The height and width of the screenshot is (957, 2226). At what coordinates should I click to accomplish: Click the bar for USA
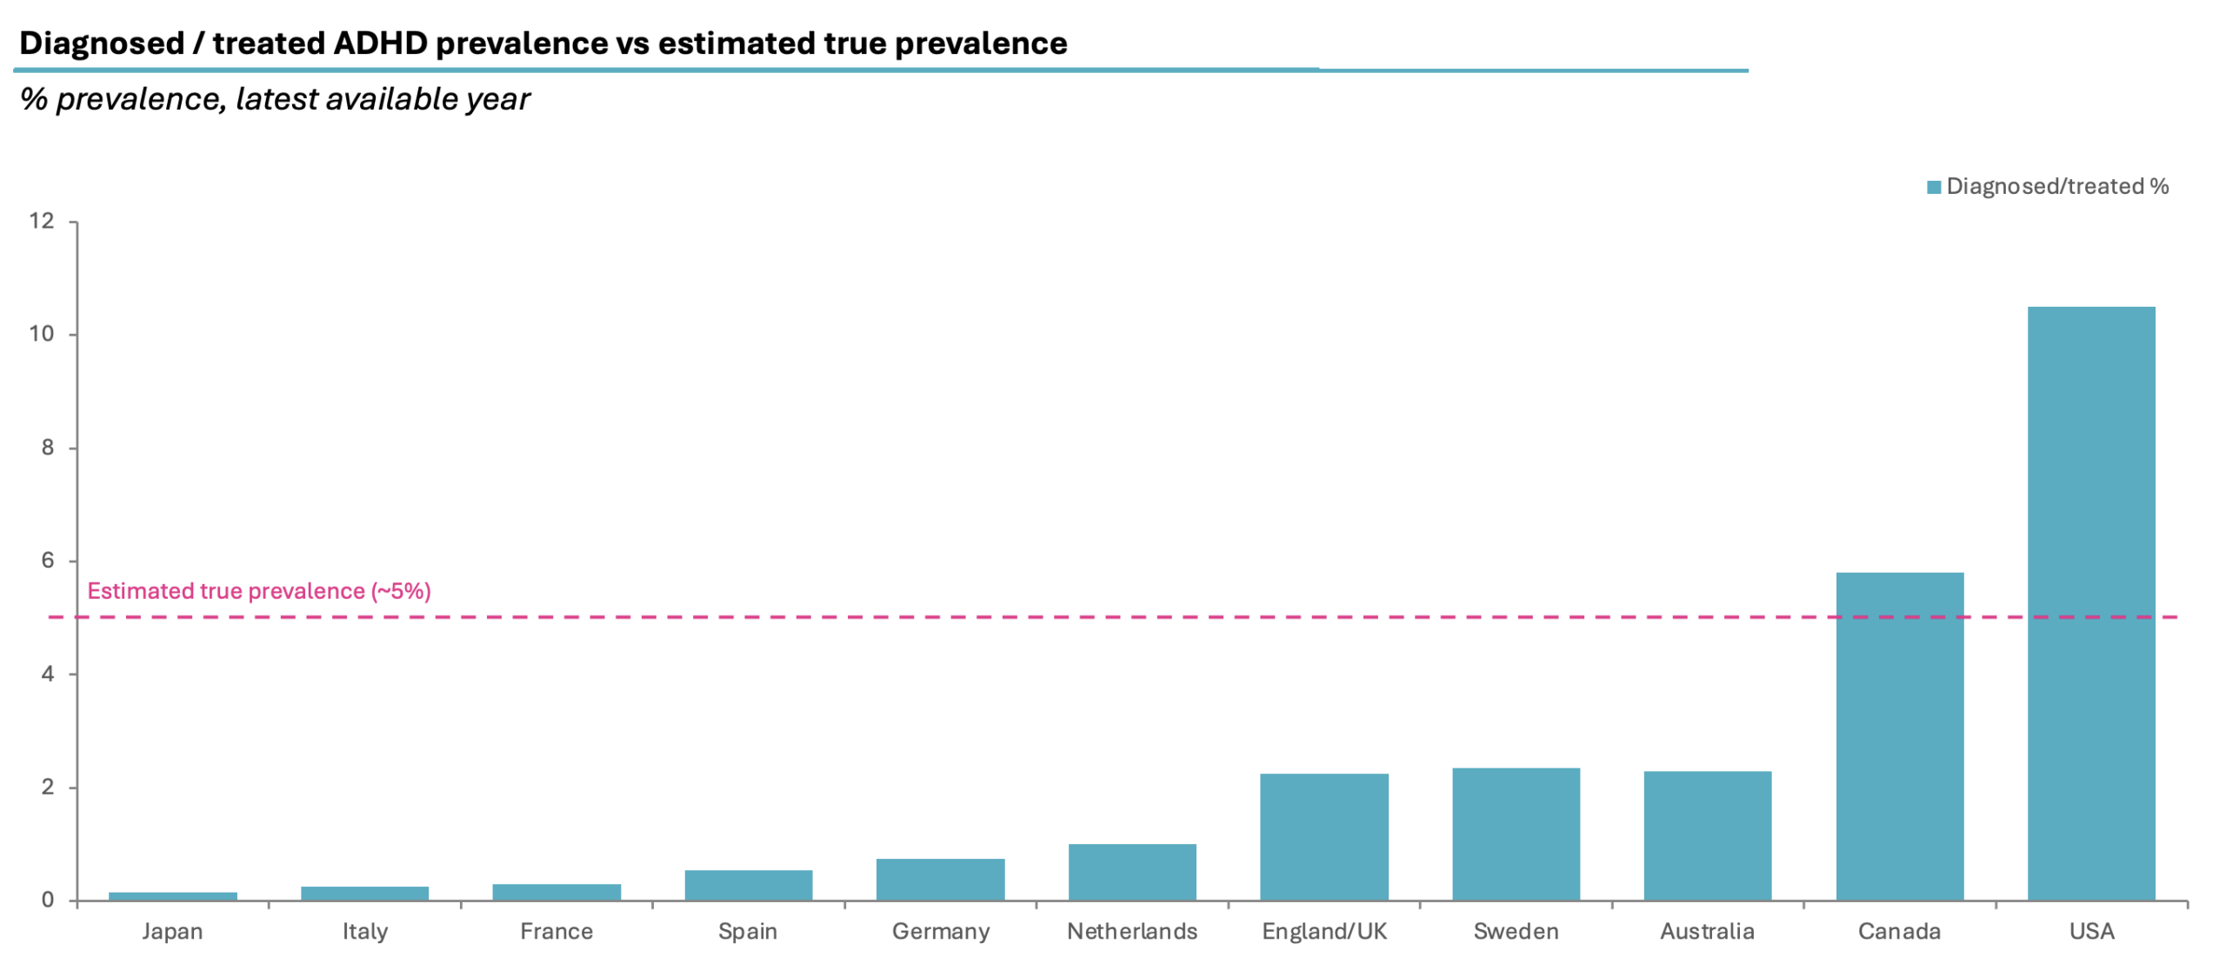coord(2090,603)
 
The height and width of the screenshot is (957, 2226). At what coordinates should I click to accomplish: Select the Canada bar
coord(1899,736)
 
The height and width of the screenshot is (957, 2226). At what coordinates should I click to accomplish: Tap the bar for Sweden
coord(1516,834)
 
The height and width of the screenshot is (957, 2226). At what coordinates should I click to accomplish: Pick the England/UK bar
coord(1324,837)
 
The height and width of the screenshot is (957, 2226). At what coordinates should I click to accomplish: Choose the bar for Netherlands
coord(1132,872)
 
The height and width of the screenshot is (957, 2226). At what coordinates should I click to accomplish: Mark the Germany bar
coord(940,880)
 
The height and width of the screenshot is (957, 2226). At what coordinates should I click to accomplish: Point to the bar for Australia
coord(1708,836)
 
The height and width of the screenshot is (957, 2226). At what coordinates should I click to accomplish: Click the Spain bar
coord(749,885)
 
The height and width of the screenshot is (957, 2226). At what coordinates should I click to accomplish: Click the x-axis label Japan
coord(172,932)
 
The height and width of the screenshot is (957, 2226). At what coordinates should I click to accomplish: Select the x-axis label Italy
coord(364,932)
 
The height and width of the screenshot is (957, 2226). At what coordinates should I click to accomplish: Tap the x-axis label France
coord(556,932)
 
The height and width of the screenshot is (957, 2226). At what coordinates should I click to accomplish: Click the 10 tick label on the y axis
coord(41,334)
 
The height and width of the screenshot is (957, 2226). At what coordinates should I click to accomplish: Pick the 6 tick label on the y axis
coord(48,561)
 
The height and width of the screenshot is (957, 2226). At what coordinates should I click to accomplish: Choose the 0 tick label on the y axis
coord(48,901)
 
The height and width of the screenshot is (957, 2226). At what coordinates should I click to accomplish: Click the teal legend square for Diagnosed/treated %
coord(1934,187)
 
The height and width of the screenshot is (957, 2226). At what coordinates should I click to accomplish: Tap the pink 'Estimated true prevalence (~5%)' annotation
coord(259,591)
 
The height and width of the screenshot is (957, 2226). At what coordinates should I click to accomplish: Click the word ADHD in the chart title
coord(380,43)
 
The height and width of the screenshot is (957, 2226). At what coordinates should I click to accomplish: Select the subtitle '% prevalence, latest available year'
coord(275,99)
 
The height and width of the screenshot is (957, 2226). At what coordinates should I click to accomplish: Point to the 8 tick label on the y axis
coord(48,448)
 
